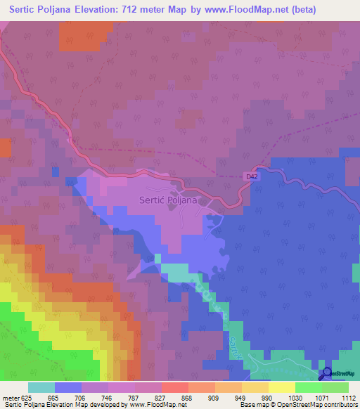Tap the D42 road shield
click(252, 176)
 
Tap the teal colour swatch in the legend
click(41, 388)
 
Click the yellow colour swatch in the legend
click(281, 388)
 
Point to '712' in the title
click(141, 10)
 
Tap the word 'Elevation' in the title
click(102, 10)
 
